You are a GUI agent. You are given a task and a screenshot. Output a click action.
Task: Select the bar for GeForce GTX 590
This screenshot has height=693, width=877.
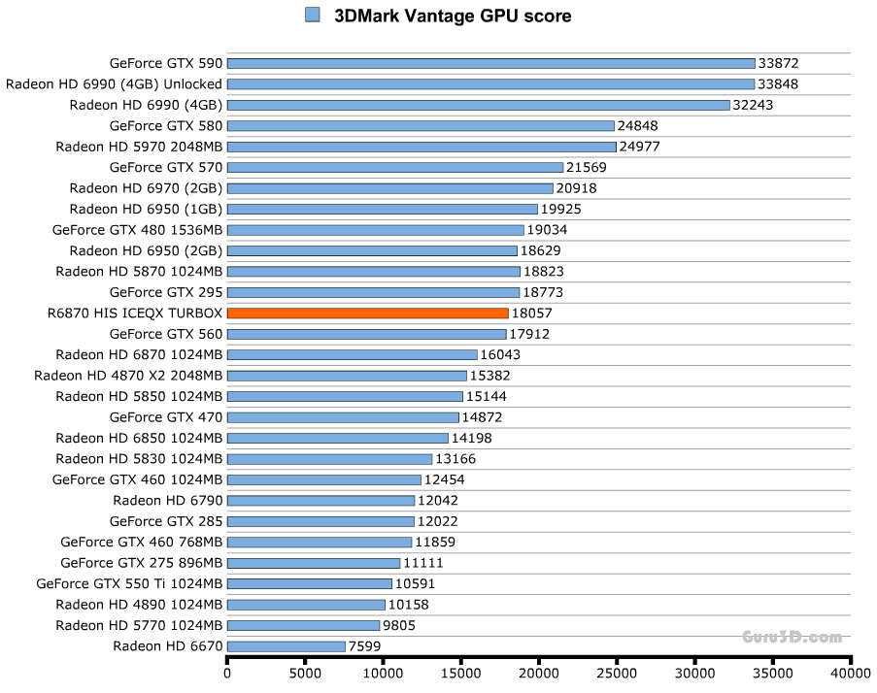tap(490, 63)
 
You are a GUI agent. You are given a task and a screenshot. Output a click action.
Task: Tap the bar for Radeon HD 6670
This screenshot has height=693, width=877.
tap(287, 646)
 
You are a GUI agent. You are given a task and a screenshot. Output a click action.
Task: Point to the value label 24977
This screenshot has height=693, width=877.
tap(640, 147)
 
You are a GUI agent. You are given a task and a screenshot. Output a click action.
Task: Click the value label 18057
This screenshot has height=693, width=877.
tap(531, 313)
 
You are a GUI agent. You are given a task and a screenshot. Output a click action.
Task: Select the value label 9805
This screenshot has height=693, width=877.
tap(399, 625)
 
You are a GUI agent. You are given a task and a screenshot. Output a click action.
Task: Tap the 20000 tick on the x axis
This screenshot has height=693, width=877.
tap(539, 661)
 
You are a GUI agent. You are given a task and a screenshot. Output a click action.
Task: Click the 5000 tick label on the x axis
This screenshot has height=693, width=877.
tap(305, 672)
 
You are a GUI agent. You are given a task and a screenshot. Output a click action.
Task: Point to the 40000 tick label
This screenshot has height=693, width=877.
tap(850, 672)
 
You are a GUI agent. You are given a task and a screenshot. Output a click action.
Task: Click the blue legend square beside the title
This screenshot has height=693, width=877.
tap(313, 15)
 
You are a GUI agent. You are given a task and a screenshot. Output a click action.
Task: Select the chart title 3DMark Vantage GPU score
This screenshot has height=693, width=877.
tap(453, 16)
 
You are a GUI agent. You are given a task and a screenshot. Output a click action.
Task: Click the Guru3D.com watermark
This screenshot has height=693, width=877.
tap(792, 638)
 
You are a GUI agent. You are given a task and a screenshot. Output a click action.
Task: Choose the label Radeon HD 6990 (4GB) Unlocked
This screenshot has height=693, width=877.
tap(114, 83)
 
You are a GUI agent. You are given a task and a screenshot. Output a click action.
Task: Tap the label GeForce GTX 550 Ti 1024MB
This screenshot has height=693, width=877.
tap(129, 583)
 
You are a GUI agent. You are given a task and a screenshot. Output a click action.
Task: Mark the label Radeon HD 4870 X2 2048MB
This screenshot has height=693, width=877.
tap(128, 375)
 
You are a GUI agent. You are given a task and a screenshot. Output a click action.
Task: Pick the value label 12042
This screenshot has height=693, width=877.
tap(438, 501)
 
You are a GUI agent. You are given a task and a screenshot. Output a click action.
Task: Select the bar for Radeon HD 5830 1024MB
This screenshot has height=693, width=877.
tap(329, 459)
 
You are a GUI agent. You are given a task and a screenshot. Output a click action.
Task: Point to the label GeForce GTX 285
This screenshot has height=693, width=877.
tap(166, 521)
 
